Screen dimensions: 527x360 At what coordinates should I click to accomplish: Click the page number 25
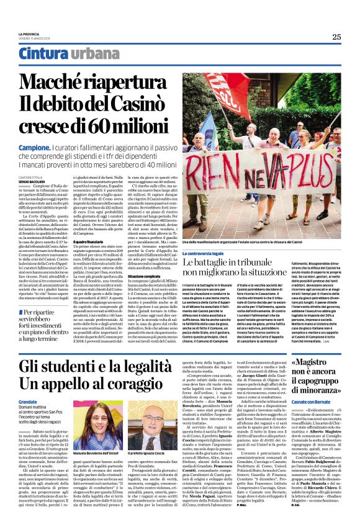coord(336,37)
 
